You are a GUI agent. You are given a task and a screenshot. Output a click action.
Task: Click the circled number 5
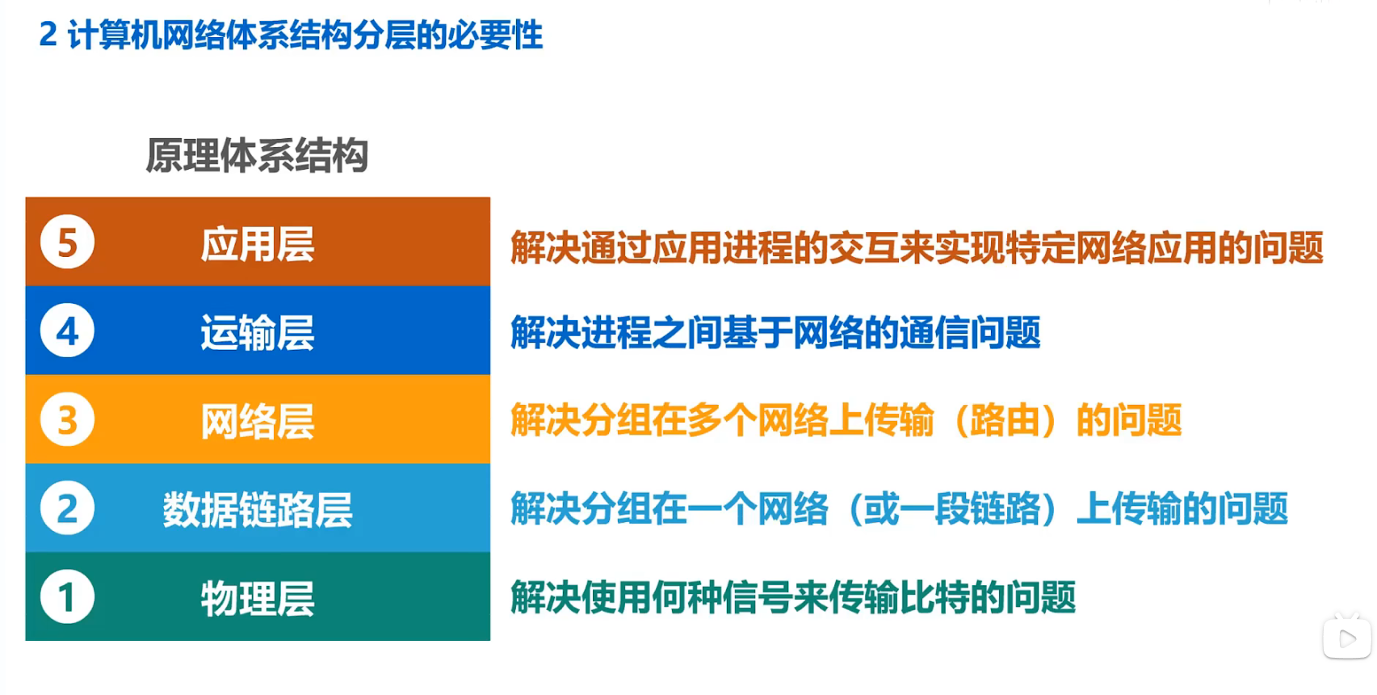click(x=67, y=242)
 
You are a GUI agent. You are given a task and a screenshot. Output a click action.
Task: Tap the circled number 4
click(x=67, y=331)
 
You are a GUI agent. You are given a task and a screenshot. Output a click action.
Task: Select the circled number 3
click(x=67, y=419)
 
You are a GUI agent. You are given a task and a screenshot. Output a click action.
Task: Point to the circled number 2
click(x=67, y=508)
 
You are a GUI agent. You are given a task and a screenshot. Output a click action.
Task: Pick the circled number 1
click(x=67, y=596)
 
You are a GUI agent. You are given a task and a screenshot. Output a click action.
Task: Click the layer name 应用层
click(x=258, y=244)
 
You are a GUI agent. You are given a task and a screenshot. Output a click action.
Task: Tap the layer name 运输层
click(x=258, y=333)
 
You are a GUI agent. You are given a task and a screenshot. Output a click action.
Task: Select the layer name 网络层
click(x=258, y=421)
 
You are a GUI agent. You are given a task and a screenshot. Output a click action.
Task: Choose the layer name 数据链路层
click(x=258, y=510)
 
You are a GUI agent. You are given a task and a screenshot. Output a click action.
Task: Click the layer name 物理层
click(x=258, y=599)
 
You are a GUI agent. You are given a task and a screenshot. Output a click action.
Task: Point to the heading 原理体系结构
click(x=257, y=155)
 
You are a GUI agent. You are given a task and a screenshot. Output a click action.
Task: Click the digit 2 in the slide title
click(x=48, y=35)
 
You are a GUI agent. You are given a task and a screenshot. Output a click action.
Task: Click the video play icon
click(x=1347, y=638)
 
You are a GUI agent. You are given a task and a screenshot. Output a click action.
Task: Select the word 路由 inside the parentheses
click(x=1005, y=420)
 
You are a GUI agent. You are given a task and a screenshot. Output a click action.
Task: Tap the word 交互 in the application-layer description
click(x=863, y=248)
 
